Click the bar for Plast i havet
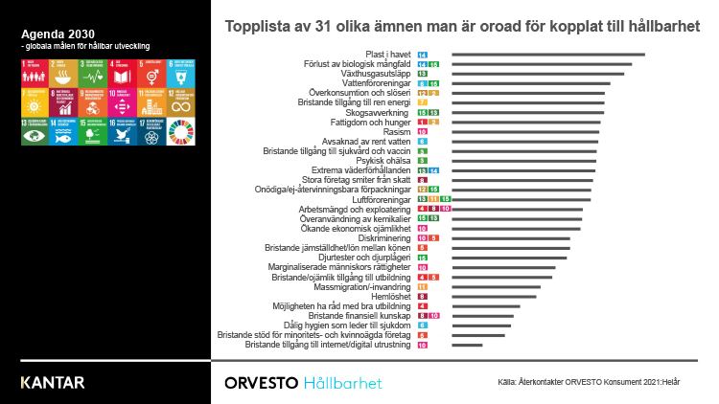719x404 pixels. [x=547, y=55]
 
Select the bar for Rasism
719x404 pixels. [x=525, y=131]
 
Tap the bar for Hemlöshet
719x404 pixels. [x=494, y=296]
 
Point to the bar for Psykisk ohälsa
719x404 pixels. [x=523, y=160]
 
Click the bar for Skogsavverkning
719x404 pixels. [x=527, y=112]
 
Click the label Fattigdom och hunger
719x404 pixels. [x=371, y=122]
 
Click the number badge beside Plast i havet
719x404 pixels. [x=423, y=55]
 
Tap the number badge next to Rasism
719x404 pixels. [x=423, y=131]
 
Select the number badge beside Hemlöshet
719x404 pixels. [x=423, y=296]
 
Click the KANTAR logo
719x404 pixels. [x=52, y=383]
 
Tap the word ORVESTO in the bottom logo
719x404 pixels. [x=259, y=383]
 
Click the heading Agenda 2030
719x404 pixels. [x=50, y=34]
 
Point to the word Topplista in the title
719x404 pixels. [x=254, y=26]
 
